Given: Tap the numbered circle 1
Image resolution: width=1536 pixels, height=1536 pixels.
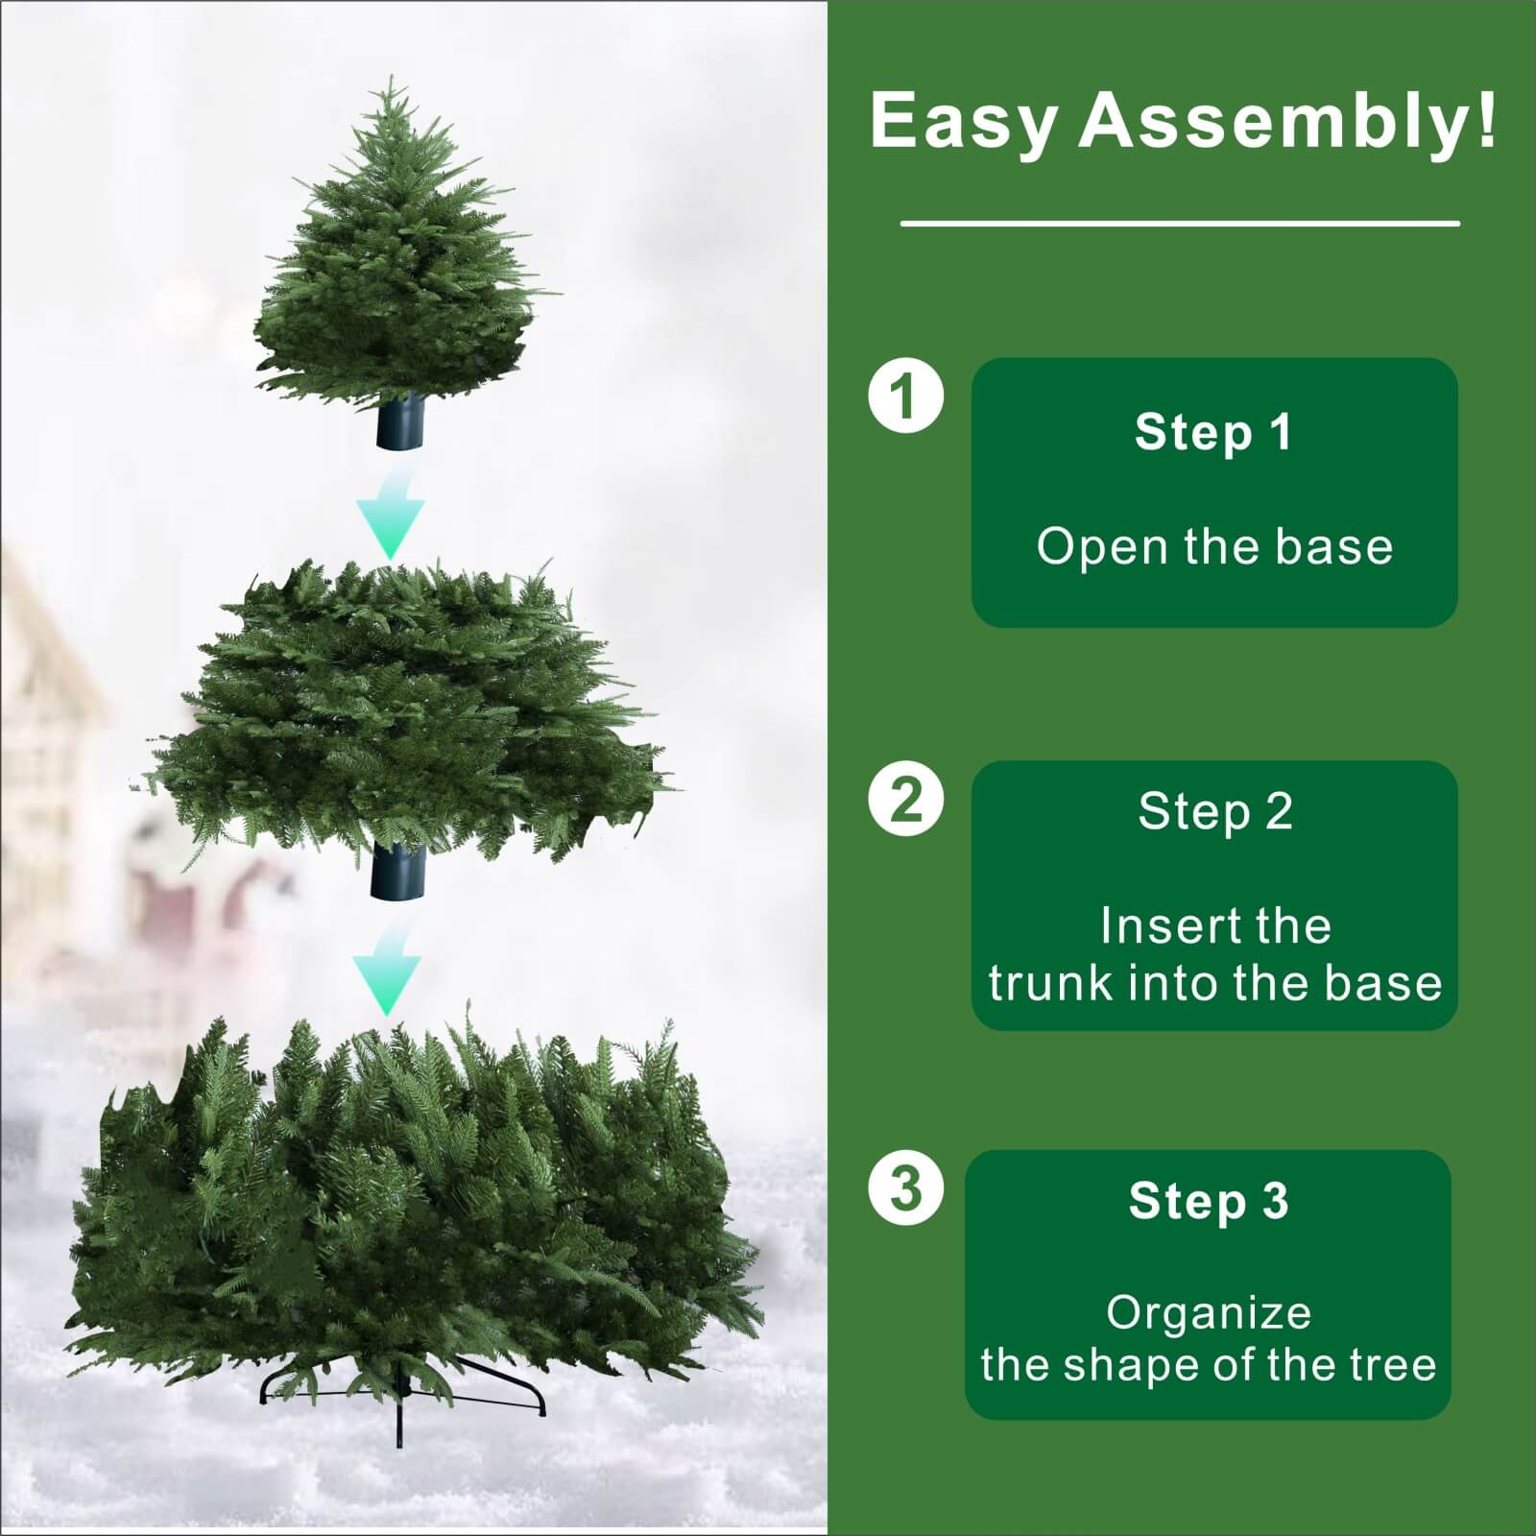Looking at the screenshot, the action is point(905,395).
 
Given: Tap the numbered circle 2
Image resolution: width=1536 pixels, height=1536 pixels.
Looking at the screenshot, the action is point(905,799).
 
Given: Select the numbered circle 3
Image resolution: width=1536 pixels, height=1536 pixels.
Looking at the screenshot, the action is point(905,1188).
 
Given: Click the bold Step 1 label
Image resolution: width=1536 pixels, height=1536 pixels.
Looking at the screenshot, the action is point(1213,432).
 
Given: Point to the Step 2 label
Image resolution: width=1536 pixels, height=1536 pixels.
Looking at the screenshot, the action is point(1215,811).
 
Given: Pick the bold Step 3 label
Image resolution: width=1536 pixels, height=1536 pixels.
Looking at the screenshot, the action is point(1209,1201).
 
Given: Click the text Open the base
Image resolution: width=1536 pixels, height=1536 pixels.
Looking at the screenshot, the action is point(1214,546).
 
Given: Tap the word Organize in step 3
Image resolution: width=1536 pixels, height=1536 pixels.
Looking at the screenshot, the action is point(1209,1313).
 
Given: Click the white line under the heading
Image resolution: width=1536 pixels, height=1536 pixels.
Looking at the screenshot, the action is point(1180,224).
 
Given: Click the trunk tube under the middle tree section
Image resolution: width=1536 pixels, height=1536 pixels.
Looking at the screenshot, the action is point(396,871).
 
